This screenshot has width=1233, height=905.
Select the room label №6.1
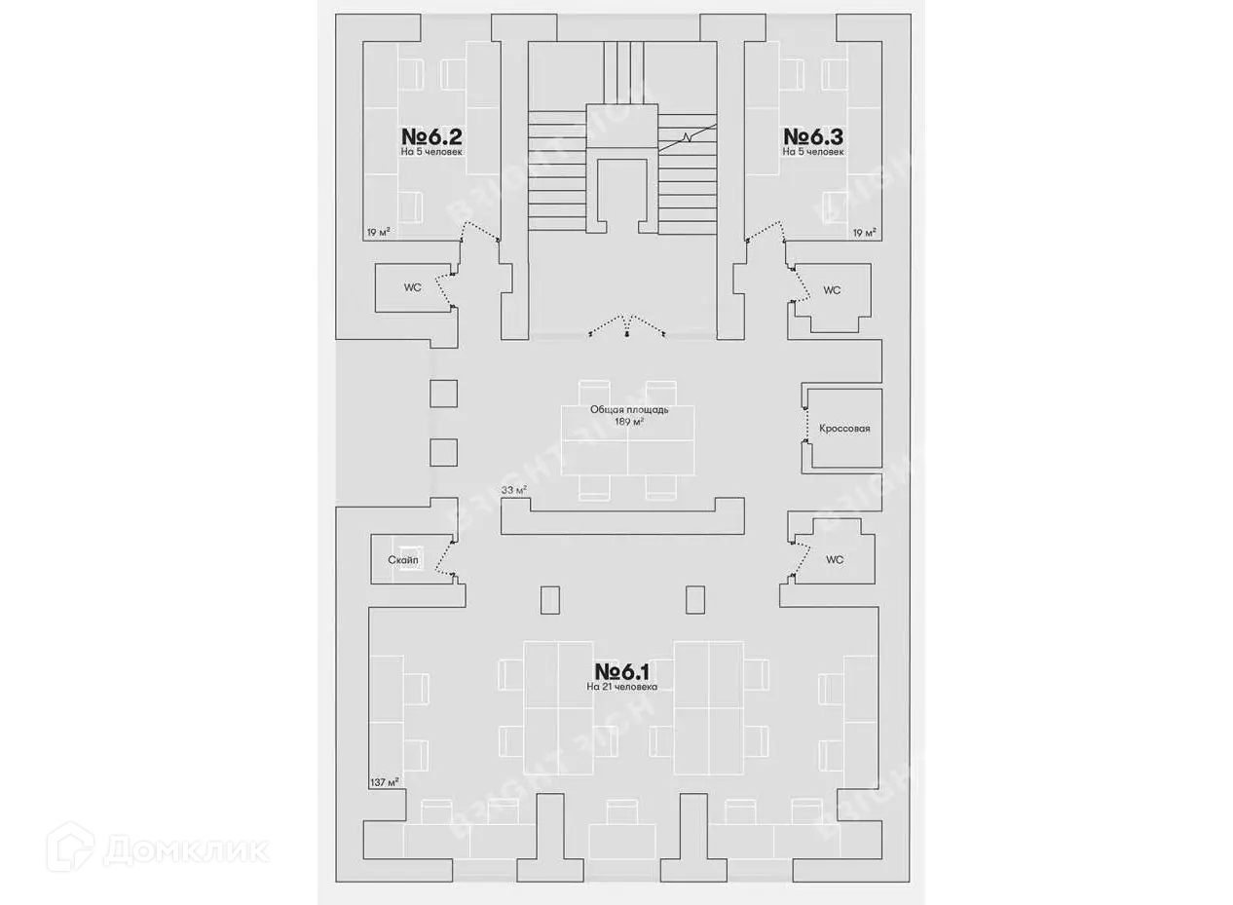[621, 671]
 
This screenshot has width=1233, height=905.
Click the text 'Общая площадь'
[629, 410]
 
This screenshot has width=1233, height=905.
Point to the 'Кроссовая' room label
[844, 429]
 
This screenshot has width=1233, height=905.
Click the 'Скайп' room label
[402, 560]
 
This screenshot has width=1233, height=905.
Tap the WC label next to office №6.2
[412, 288]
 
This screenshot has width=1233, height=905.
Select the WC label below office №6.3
[832, 290]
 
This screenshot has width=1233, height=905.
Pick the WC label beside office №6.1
[835, 560]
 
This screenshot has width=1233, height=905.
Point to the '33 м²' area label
[513, 490]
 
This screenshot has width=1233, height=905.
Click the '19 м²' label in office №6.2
[378, 232]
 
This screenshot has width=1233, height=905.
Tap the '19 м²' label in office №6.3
[863, 232]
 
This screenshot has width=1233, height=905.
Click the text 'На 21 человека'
[621, 687]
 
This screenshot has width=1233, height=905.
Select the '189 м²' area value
[629, 422]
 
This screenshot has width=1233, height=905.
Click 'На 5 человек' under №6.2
[431, 152]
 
